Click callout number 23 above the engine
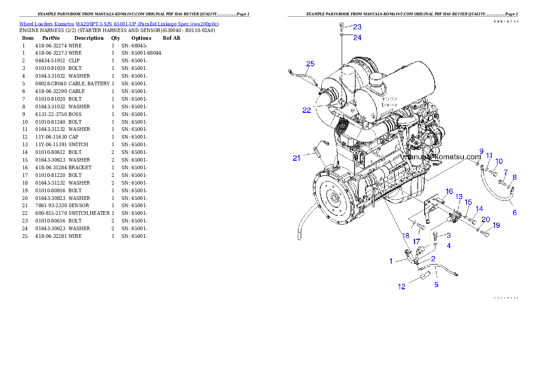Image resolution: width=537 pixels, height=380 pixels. tap(357, 27)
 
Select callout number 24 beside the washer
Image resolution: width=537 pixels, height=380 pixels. tap(357, 38)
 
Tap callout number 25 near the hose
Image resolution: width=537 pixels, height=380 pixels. tap(310, 64)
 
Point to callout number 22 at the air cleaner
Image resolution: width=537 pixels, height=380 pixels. tap(306, 110)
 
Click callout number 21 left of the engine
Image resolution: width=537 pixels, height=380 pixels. tap(296, 158)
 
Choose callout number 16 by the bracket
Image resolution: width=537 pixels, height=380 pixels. tap(449, 191)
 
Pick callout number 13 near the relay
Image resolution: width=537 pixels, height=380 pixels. tap(459, 197)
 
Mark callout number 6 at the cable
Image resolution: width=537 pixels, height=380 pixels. tap(514, 213)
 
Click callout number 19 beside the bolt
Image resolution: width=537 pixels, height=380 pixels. tap(496, 225)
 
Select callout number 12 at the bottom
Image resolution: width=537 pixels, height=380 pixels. tap(402, 287)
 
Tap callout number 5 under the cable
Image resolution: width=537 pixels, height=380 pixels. tap(436, 285)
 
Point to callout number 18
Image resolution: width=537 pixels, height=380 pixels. tap(406, 236)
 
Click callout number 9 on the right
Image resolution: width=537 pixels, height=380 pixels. tap(481, 151)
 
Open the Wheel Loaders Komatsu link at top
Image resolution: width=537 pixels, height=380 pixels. tap(119, 24)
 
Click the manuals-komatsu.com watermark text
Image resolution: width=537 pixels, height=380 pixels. tap(444, 157)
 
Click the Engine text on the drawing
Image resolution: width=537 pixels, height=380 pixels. tap(389, 104)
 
